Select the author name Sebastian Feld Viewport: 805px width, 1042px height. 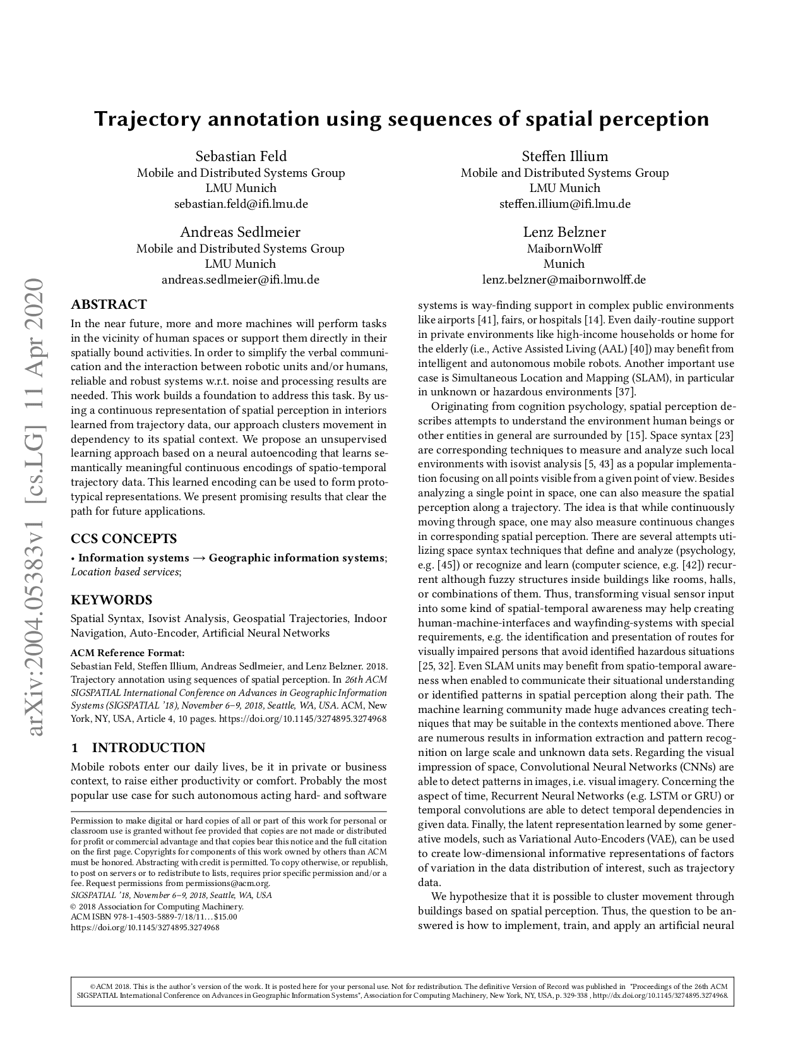[x=241, y=157]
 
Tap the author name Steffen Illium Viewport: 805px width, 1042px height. [x=564, y=157]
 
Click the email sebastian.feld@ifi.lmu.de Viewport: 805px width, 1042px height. [x=241, y=204]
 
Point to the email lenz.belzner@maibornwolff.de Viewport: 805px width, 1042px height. [x=564, y=280]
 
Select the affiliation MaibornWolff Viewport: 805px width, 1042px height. [x=564, y=249]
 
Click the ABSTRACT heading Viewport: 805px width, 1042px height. [x=109, y=304]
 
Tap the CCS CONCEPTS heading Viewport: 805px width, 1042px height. [x=123, y=539]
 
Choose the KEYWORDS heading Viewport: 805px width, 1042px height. [x=111, y=600]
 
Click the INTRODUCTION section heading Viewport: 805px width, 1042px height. [x=148, y=748]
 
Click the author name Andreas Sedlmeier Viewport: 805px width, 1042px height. [x=241, y=232]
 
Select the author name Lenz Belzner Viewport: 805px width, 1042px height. [x=564, y=232]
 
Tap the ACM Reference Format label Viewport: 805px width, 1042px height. [x=128, y=653]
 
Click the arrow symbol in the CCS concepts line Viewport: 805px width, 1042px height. [x=198, y=558]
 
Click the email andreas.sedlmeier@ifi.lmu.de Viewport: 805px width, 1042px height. [x=241, y=280]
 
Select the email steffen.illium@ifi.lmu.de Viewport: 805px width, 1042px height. [x=564, y=204]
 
